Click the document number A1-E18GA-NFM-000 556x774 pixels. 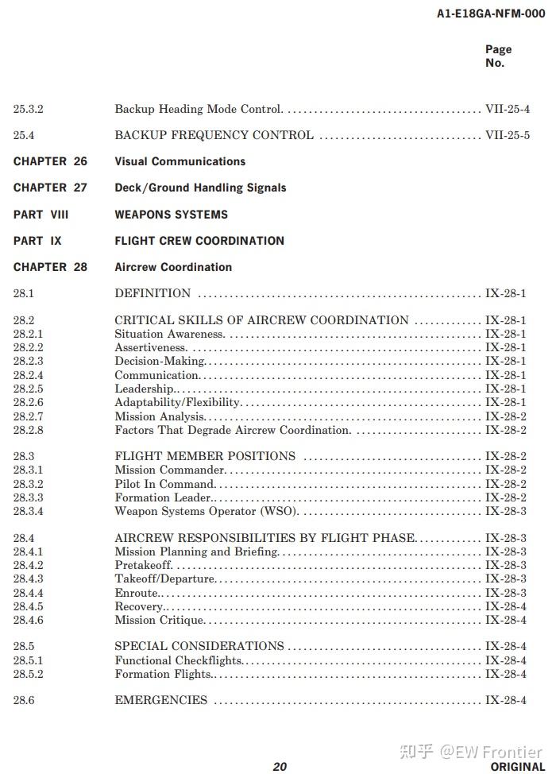pyautogui.click(x=490, y=14)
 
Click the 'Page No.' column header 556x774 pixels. pyautogui.click(x=498, y=56)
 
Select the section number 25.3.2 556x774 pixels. pyautogui.click(x=28, y=109)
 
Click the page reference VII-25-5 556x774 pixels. pyautogui.click(x=507, y=135)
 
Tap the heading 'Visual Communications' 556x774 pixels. pyautogui.click(x=180, y=161)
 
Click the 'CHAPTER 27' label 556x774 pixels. pyautogui.click(x=50, y=188)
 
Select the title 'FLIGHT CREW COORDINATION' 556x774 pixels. pyautogui.click(x=199, y=241)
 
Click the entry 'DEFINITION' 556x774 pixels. pyautogui.click(x=153, y=293)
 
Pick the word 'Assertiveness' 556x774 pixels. pyautogui.click(x=150, y=347)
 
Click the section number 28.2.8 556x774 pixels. pyautogui.click(x=28, y=430)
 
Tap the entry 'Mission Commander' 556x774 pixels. pyautogui.click(x=169, y=470)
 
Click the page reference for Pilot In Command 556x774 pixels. pyautogui.click(x=505, y=484)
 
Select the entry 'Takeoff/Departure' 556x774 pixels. pyautogui.click(x=164, y=579)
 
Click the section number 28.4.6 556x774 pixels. pyautogui.click(x=28, y=620)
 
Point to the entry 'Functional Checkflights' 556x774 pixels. pyautogui.click(x=178, y=660)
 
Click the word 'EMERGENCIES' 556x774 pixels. pyautogui.click(x=160, y=700)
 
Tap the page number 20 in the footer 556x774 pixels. pyautogui.click(x=280, y=766)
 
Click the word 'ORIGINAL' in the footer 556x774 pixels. pyautogui.click(x=517, y=766)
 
